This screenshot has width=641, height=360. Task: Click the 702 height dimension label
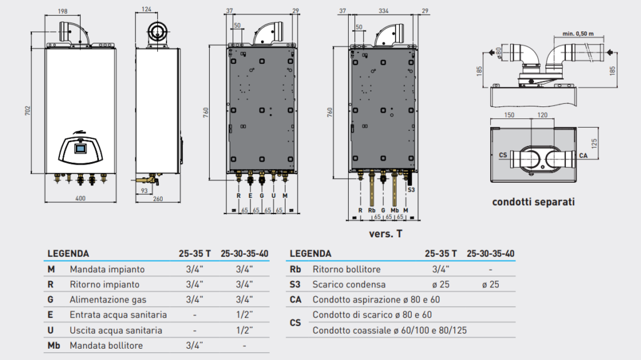(x=28, y=111)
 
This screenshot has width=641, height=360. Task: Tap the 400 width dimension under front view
(x=80, y=198)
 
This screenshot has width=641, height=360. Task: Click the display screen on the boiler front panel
(x=80, y=149)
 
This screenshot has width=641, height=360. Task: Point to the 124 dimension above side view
(x=146, y=9)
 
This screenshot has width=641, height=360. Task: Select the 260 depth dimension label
(x=156, y=198)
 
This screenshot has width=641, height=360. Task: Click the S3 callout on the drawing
(x=411, y=188)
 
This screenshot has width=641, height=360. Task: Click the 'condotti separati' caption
(x=533, y=202)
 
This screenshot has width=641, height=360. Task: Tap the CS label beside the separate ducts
(x=503, y=154)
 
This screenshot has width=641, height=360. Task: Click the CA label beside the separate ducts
(x=583, y=155)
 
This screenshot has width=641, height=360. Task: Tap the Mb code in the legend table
(x=54, y=346)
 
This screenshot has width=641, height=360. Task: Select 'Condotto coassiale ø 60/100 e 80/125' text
(x=389, y=330)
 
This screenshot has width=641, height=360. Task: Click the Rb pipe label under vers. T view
(x=372, y=210)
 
